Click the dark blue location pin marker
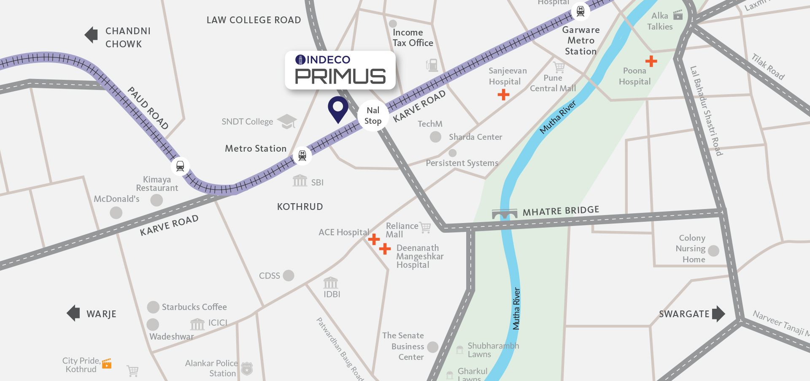point(338,108)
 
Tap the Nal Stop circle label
point(373,116)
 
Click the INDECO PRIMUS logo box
point(340,70)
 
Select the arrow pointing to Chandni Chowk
point(91,35)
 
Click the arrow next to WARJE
point(73,313)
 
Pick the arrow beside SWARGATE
point(718,314)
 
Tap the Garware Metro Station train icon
point(580,11)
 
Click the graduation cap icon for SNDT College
point(287,121)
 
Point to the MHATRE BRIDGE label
point(561,211)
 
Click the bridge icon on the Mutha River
point(505,214)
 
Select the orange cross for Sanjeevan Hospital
point(503,95)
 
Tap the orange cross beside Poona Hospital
point(651,61)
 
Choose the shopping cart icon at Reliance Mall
point(425,228)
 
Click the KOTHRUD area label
point(300,207)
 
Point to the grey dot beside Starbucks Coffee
point(153,307)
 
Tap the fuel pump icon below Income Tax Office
point(432,65)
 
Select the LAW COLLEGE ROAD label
point(254,20)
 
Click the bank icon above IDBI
point(331,283)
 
